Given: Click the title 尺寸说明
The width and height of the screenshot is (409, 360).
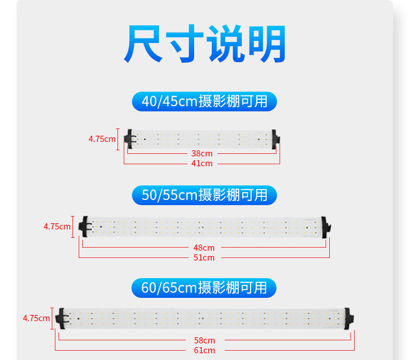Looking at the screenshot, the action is (204, 44).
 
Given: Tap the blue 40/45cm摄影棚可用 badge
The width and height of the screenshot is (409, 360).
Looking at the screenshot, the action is (204, 101).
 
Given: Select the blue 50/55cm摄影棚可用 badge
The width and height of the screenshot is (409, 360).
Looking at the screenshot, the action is (204, 195).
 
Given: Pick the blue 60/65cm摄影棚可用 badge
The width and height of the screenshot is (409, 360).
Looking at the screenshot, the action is (204, 287).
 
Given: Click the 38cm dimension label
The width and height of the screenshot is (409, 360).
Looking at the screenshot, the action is (202, 154).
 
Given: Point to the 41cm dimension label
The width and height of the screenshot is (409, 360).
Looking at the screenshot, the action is (202, 164).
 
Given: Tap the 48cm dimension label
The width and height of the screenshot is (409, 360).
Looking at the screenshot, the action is (204, 248).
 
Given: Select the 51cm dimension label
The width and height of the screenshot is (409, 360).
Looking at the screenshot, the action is (204, 257).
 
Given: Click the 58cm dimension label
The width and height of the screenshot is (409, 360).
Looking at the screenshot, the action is (204, 340).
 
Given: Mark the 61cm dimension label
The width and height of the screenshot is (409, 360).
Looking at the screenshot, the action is (204, 351).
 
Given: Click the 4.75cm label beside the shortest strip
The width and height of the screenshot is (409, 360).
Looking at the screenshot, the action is (102, 139).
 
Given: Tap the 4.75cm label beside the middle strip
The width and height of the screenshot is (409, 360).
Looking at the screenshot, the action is (57, 226).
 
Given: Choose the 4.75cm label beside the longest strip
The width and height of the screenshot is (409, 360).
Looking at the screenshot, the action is (36, 318).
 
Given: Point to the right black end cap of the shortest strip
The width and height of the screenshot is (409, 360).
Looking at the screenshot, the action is (276, 138).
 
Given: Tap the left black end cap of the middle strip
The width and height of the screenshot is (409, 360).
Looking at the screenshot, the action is (84, 226).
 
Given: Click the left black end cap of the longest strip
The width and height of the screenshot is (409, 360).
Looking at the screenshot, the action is (61, 318).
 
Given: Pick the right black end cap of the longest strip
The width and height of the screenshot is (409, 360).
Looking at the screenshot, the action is (349, 318).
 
